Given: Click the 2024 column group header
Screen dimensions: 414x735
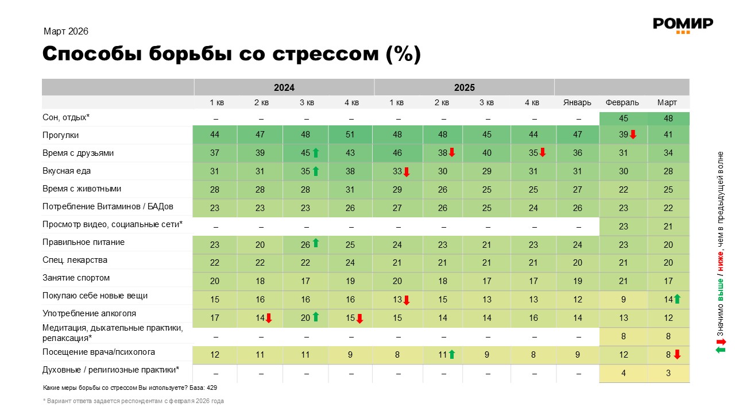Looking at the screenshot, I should (x=284, y=87).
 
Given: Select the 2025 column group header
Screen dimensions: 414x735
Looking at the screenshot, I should (x=464, y=87).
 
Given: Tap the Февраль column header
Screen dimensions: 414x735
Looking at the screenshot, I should (x=622, y=102).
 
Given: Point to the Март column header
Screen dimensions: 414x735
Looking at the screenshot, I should (x=667, y=102).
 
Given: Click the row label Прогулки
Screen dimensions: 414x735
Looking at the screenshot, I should (x=61, y=135).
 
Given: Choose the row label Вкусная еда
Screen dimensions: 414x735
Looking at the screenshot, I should (x=67, y=171).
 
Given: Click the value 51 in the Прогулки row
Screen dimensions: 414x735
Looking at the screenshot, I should (x=351, y=135).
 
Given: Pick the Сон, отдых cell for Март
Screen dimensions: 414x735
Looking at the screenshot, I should (x=668, y=118).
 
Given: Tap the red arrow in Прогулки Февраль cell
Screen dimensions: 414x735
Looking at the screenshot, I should (x=633, y=135).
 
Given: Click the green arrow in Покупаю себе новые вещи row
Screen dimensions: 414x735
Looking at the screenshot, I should (x=677, y=298).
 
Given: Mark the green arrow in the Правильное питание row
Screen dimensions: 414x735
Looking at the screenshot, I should (x=316, y=243).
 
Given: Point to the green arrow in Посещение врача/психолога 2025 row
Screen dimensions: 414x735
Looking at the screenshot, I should (x=452, y=355).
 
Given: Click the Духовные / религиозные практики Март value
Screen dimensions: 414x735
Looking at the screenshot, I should (x=668, y=373).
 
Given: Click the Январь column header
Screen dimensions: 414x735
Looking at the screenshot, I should (x=577, y=102).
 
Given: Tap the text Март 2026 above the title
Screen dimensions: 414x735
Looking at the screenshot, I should (x=66, y=32).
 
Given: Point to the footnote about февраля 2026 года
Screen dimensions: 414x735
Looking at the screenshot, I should (x=133, y=401).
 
